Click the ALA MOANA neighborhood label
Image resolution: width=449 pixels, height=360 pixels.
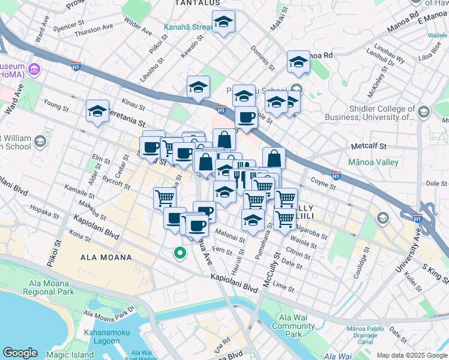tap(106, 257)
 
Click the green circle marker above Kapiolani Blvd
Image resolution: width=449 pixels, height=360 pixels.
tap(179, 253)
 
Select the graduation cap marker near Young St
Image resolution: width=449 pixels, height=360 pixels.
tap(97, 111)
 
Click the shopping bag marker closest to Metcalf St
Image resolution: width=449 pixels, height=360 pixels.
tap(274, 158)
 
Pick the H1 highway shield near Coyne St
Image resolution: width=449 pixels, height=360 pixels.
tap(336, 176)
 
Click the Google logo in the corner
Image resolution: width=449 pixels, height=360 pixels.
tap(20, 353)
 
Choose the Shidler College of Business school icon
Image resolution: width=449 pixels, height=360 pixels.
tap(424, 112)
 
